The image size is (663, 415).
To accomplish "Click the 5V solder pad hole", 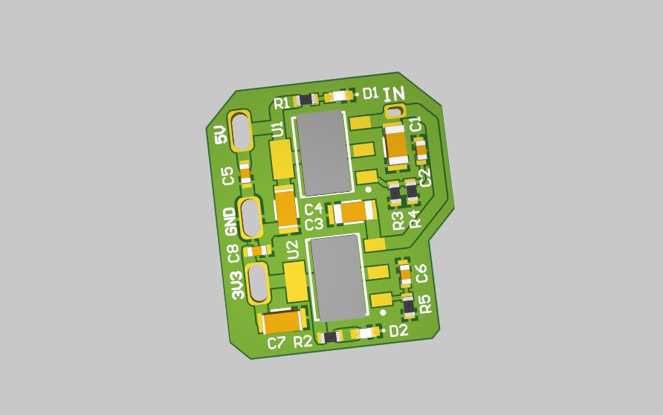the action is (x=241, y=130).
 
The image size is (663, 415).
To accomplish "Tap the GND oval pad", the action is (x=250, y=217).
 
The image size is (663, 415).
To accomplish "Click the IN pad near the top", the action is (x=395, y=112).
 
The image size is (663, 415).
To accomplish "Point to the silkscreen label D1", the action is (x=371, y=93).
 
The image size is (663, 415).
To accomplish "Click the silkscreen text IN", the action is (x=394, y=94).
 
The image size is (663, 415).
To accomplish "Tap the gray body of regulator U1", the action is (x=324, y=153).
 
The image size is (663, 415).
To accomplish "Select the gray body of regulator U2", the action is (x=338, y=278).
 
